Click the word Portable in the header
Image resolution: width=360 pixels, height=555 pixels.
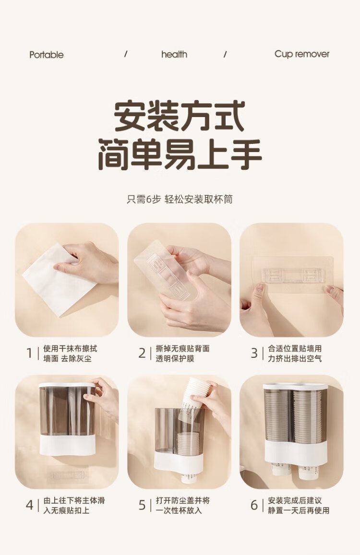coord(47,55)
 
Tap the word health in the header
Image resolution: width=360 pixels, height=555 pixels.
coord(174,54)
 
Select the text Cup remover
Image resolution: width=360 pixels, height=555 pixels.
coord(302,54)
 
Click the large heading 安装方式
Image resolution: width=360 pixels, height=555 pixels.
coord(180,117)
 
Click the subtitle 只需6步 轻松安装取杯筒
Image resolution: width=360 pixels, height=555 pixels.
coord(180,199)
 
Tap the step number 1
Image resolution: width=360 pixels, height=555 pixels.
coord(30,353)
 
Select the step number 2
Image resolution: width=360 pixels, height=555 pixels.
coord(142,353)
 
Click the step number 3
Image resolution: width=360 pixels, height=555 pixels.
coord(254,353)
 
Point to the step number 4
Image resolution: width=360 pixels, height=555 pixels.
coord(30,505)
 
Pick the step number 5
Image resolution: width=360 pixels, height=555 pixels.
coord(142,505)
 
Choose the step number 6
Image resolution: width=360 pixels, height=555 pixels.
coord(254,505)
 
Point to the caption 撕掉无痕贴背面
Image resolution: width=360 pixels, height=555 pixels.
coord(183,348)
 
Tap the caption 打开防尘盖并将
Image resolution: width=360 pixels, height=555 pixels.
coord(183,500)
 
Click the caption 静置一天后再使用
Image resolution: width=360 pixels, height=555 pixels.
coord(299,510)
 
